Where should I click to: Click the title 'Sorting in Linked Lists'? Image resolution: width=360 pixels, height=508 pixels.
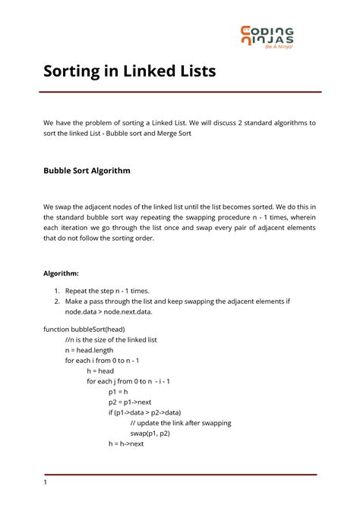tap(129, 72)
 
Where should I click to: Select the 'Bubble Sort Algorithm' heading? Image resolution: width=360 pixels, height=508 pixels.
tap(87, 171)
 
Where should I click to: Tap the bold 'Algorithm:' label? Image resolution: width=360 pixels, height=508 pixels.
tap(66, 272)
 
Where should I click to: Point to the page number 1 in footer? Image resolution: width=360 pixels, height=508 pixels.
tap(46, 482)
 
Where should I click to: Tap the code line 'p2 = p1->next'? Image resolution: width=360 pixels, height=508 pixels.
tap(131, 402)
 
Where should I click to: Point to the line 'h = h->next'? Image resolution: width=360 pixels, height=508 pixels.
tap(126, 444)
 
